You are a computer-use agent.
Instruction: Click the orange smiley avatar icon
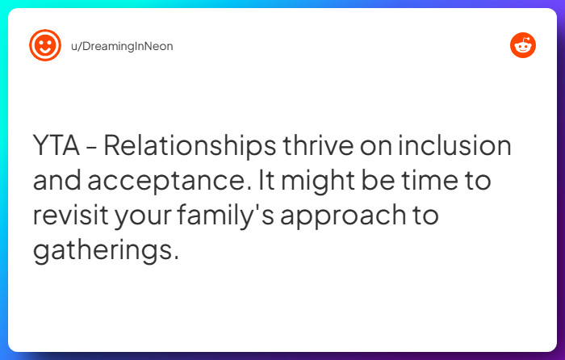45,46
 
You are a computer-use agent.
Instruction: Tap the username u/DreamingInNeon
122,46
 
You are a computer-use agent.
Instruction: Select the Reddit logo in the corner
523,46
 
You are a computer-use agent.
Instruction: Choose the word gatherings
105,250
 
